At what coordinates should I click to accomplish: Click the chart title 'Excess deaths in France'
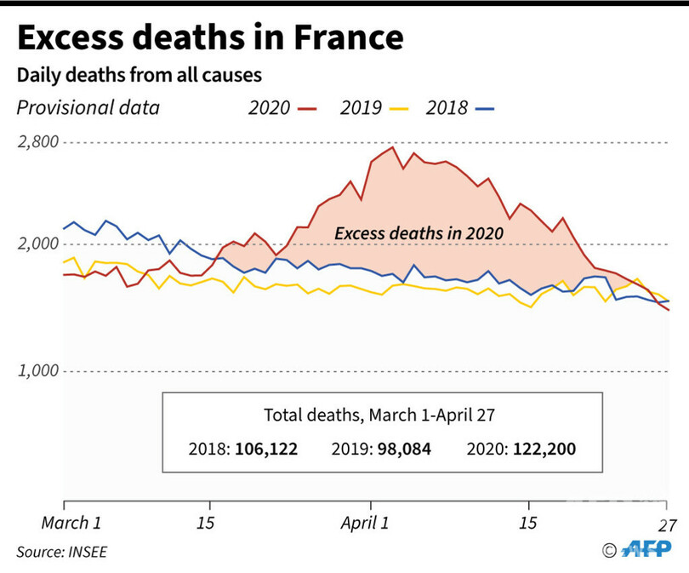[208, 38]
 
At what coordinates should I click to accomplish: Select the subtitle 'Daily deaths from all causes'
[139, 75]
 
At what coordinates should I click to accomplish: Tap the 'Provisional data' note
[88, 108]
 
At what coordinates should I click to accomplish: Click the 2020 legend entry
[281, 108]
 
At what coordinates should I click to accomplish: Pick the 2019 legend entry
[373, 108]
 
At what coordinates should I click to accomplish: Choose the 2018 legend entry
[458, 108]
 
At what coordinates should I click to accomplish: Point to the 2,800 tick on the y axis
[38, 141]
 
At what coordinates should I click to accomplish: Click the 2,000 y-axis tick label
[38, 245]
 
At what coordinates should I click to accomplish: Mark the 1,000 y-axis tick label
[38, 371]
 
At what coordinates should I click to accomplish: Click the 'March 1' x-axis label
[72, 521]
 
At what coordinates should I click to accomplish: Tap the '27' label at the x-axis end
[668, 521]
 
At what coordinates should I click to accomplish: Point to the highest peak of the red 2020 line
[392, 147]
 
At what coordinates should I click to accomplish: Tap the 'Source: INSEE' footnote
[62, 552]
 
